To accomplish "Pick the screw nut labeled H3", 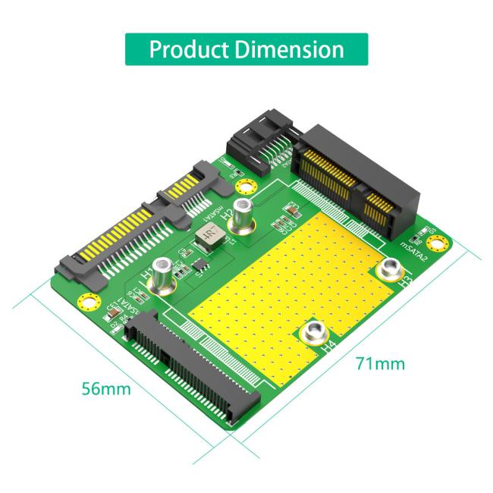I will tap(391, 269).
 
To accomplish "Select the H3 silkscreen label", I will tap(405, 284).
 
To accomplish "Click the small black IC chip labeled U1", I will tap(199, 265).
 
